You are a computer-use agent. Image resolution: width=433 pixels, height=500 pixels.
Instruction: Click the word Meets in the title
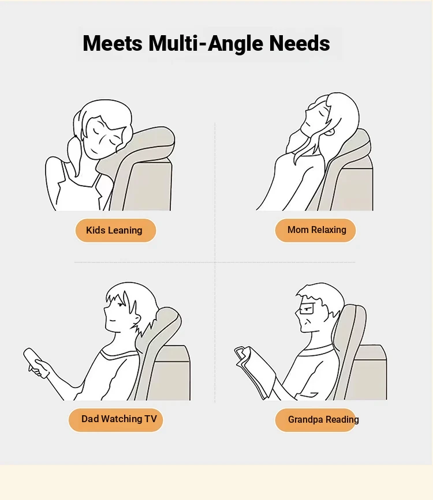[113, 43]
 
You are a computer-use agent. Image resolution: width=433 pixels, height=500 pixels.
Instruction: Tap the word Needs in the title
[300, 43]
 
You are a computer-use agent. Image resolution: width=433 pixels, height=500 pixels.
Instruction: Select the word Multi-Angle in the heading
[206, 44]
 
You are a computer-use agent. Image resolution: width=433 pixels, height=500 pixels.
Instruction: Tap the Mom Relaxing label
[315, 230]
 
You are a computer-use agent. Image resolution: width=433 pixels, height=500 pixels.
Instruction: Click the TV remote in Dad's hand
[34, 362]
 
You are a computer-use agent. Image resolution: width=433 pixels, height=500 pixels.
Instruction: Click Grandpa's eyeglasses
[307, 309]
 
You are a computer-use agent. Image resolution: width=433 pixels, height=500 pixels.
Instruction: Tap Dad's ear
[137, 318]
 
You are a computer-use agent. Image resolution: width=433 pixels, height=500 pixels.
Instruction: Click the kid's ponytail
[74, 150]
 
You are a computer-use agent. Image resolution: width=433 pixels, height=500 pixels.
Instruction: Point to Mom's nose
[307, 110]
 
